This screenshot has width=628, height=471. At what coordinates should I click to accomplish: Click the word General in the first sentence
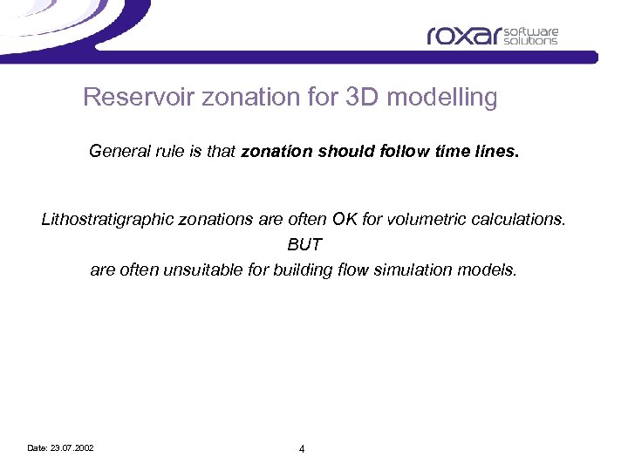coord(116,152)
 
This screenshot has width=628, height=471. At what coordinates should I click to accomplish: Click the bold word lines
coord(495,152)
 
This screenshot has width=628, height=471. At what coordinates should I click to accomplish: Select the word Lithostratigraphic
coord(106,220)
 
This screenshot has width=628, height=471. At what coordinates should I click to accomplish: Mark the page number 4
coord(302,449)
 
